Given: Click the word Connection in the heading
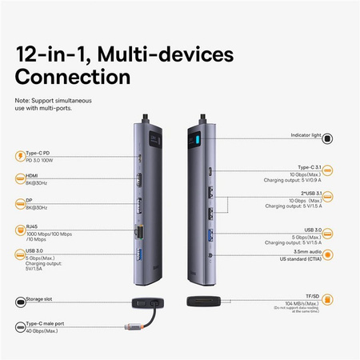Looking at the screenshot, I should pyautogui.click(x=73, y=78).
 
